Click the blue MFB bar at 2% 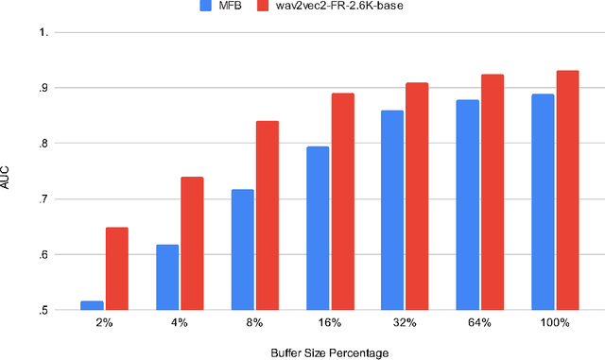point(93,305)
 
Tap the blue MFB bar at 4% point(167,277)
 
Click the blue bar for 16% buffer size point(318,228)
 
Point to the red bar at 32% point(416,196)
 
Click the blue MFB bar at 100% point(542,201)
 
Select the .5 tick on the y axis point(43,310)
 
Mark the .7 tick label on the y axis point(43,198)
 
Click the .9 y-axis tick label point(43,88)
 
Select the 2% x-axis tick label point(105,323)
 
